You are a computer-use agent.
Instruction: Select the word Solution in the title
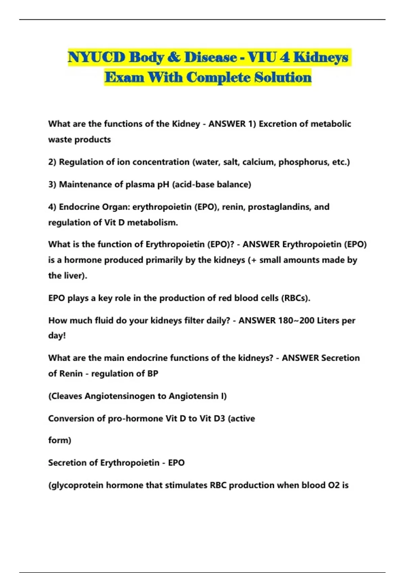pyautogui.click(x=282, y=77)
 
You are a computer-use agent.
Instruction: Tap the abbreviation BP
pyautogui.click(x=153, y=373)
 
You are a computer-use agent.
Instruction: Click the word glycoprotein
pyautogui.click(x=76, y=485)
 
